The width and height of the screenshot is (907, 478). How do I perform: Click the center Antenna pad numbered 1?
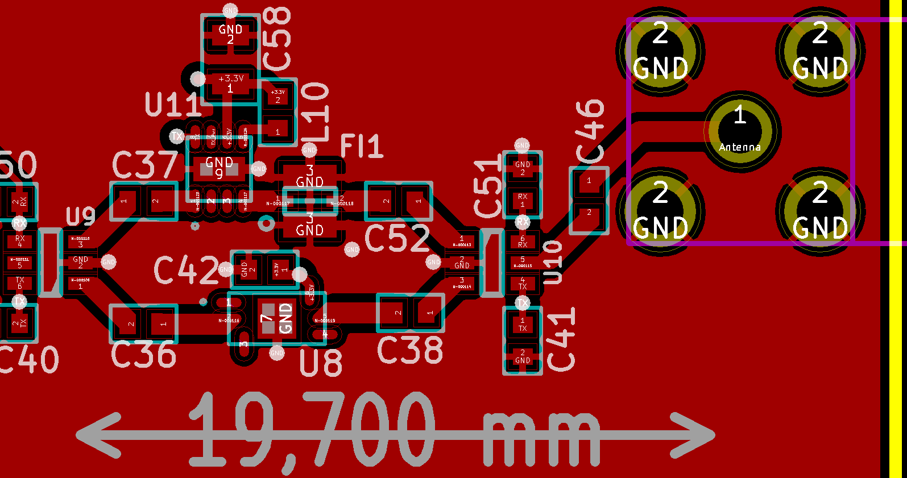pos(740,131)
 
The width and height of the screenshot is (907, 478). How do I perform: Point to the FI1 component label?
pos(361,147)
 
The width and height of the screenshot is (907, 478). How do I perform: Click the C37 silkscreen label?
pos(145,165)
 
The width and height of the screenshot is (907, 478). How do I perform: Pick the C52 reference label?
pos(397,239)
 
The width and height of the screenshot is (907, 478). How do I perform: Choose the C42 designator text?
pos(186,270)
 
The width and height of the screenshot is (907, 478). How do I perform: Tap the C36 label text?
pos(143,355)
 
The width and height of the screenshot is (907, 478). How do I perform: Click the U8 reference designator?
pos(321,363)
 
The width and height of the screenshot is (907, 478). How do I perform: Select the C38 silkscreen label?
pos(410,350)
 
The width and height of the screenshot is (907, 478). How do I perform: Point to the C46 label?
pos(590,131)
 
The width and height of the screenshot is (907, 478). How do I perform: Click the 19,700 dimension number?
pos(312,430)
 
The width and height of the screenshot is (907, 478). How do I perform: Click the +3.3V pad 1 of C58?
pos(230,84)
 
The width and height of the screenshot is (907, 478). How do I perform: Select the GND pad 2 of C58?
pos(230,34)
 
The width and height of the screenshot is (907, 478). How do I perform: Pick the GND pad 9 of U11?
pos(219,167)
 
